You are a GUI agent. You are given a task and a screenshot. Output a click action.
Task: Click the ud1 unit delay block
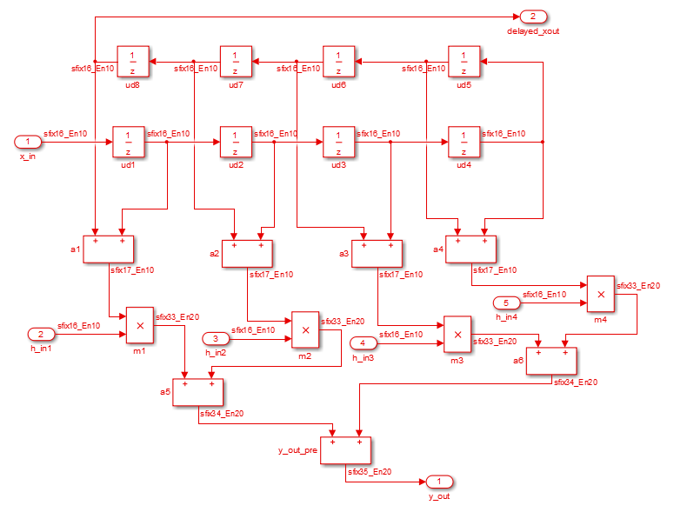(x=128, y=141)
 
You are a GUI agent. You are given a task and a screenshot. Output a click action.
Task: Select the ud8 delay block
(x=132, y=61)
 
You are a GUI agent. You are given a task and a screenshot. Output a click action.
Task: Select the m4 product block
(x=600, y=294)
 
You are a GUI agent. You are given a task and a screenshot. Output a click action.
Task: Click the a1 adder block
(x=109, y=249)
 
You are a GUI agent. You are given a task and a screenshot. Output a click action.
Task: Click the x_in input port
(x=28, y=141)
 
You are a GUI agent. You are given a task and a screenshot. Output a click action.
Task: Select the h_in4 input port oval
(x=507, y=303)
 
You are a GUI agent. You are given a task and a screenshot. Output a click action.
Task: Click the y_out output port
(x=439, y=482)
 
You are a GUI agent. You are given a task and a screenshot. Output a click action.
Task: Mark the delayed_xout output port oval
(x=533, y=17)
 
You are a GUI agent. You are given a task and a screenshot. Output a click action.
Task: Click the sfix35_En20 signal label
(x=370, y=472)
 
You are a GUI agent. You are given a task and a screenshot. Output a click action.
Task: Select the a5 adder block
(x=198, y=392)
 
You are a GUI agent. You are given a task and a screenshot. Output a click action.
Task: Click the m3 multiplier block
(x=457, y=333)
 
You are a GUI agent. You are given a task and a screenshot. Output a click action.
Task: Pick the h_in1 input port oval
(x=41, y=334)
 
